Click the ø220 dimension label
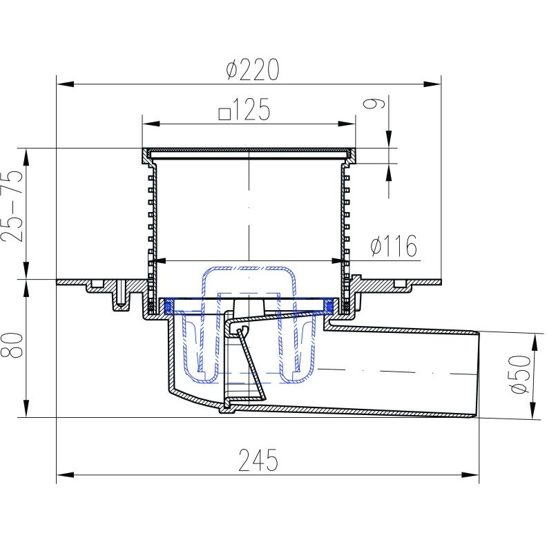(253, 70)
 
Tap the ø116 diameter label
(394, 245)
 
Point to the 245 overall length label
(258, 460)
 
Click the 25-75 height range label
(12, 206)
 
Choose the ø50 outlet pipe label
(522, 374)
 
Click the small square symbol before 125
(224, 114)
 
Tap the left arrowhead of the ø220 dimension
(65, 84)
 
